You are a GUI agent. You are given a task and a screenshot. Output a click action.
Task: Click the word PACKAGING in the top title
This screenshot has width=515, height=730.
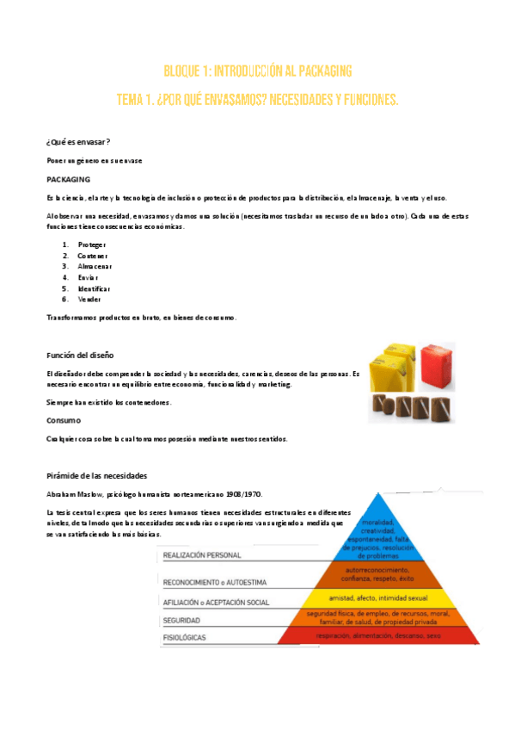click(317, 71)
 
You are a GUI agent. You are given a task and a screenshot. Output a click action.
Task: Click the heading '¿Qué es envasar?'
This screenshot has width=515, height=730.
click(77, 141)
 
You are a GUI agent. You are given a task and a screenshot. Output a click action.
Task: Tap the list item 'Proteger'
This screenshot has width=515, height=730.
click(91, 244)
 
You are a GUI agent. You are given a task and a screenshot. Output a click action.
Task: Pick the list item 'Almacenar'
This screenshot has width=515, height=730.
click(95, 266)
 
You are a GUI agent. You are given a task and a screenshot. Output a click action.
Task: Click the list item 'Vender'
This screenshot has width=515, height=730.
click(89, 299)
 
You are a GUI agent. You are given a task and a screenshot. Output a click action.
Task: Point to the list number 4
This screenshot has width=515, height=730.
click(64, 277)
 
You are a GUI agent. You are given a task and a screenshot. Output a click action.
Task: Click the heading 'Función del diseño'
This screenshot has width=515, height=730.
click(80, 355)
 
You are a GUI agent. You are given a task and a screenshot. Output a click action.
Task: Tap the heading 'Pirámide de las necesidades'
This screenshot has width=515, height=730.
click(97, 475)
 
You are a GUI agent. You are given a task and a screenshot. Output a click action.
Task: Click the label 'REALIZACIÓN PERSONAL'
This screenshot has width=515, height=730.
click(202, 556)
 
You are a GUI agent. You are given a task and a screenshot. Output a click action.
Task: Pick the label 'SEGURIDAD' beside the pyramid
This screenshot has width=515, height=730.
click(182, 619)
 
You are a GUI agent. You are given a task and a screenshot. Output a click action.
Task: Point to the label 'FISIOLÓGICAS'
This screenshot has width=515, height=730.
click(186, 637)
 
